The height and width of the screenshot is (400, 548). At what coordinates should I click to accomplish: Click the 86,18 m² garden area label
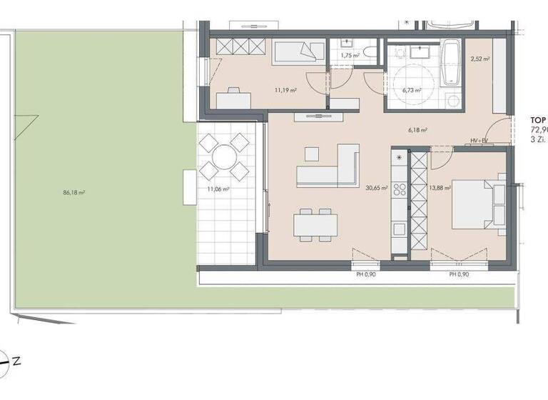[74, 193]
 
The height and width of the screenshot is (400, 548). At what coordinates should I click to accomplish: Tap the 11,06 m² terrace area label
[218, 189]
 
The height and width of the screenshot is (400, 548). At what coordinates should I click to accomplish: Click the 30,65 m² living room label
[376, 189]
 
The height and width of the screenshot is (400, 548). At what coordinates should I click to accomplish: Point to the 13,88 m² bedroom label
[442, 189]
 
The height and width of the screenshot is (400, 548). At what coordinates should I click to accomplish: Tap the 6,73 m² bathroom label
[412, 91]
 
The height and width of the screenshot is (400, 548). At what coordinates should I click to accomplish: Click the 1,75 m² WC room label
[350, 55]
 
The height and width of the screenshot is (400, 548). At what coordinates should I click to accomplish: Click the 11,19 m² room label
[286, 91]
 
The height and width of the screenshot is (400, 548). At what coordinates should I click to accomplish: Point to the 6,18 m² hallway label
[417, 130]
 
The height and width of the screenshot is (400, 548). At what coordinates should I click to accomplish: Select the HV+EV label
[479, 141]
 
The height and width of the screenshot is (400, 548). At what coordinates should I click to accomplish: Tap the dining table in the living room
[315, 224]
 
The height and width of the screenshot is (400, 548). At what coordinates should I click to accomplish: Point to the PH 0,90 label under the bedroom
[458, 274]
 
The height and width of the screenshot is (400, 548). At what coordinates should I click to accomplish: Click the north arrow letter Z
[16, 361]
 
